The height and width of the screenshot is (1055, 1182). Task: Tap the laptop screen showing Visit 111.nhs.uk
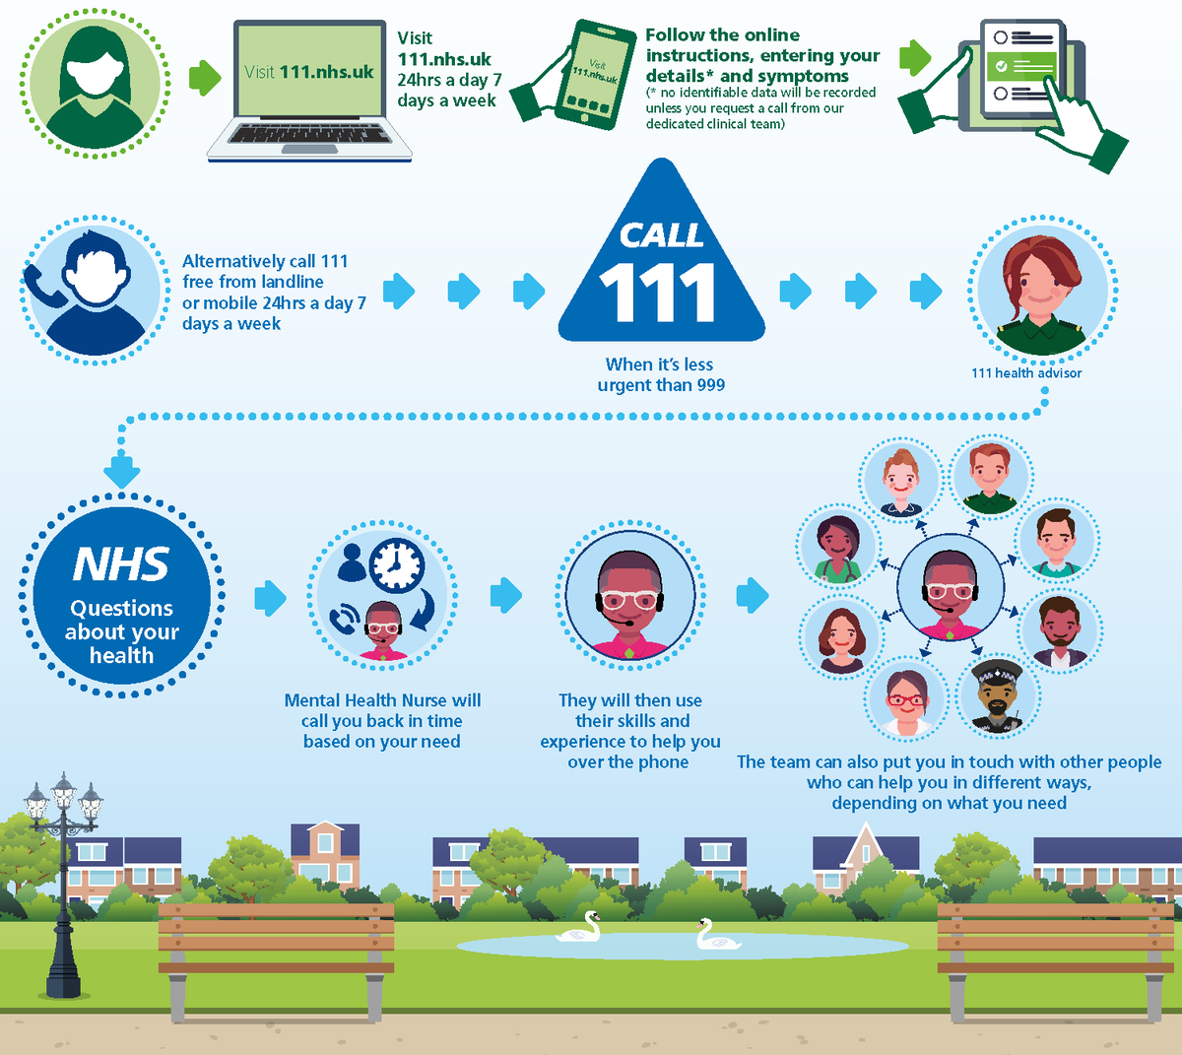309,72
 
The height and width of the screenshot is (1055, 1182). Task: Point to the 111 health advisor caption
1026,373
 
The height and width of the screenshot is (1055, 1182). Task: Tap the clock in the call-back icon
397,564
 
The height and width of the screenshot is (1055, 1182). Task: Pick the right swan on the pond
716,935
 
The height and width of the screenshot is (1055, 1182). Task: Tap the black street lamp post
64,887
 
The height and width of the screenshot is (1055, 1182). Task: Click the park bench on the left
276,950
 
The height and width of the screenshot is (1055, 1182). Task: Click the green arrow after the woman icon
205,78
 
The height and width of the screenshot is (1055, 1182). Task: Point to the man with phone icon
94,291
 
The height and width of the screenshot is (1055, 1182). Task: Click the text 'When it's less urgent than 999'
661,374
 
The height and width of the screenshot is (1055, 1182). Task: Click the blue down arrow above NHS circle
121,471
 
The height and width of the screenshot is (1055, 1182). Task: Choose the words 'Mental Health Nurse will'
382,700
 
